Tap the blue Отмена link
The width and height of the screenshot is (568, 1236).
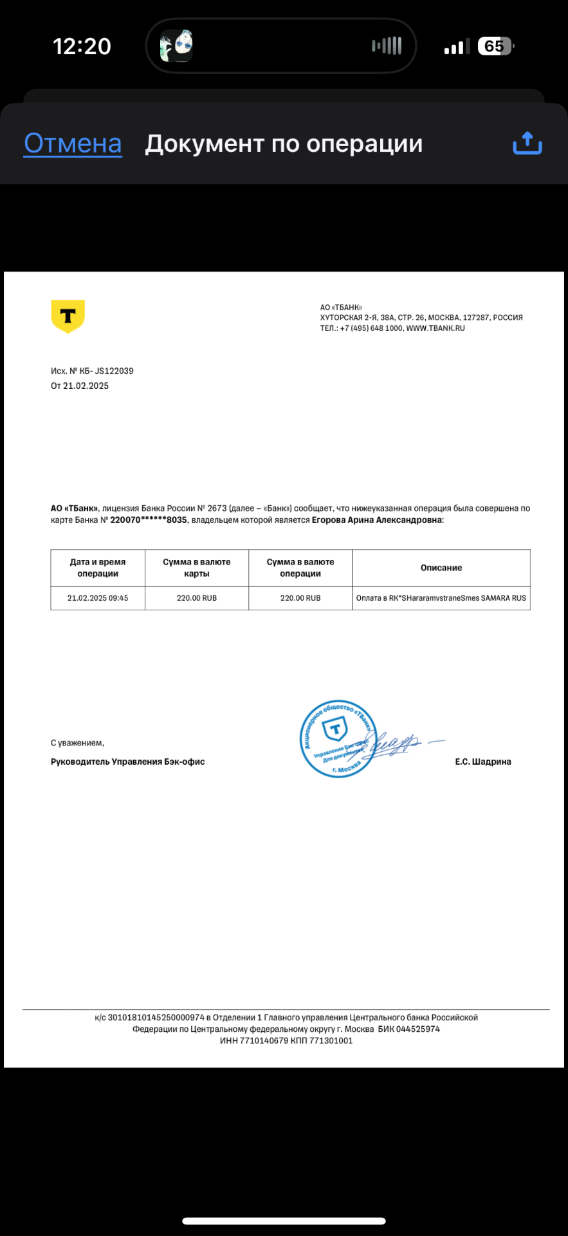pos(73,144)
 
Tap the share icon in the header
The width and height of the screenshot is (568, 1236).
pos(527,143)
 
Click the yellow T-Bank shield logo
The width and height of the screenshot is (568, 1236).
pos(68,316)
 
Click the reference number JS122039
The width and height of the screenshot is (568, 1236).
pos(114,371)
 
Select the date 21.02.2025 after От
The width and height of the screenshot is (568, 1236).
pos(86,386)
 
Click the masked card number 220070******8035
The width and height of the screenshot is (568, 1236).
pos(149,520)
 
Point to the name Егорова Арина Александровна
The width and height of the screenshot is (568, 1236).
pos(377,520)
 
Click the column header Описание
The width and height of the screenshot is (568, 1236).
pos(441,568)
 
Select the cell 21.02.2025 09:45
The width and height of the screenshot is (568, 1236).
pos(98,598)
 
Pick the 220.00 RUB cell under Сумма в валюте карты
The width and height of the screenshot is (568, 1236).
pos(197,598)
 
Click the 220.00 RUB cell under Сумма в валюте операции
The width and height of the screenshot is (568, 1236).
pos(300,598)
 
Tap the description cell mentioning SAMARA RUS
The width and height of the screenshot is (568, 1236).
pos(441,598)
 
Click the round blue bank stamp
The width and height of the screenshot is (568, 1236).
pos(337,738)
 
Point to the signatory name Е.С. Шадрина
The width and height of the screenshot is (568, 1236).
pos(483,762)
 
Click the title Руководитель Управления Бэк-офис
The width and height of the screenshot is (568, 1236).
pos(128,762)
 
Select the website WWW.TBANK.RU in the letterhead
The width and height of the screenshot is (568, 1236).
pos(435,328)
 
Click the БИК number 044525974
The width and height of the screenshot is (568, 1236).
pos(418,1029)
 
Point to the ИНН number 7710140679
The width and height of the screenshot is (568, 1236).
pos(264,1040)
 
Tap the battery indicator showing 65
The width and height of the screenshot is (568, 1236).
pos(495,46)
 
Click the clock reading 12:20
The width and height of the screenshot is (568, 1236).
pos(82,46)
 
